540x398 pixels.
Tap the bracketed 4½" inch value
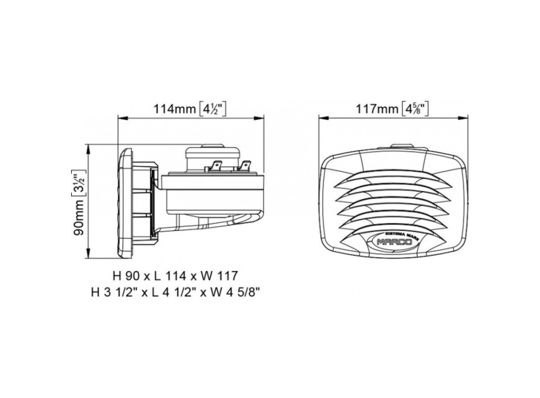tap(213, 108)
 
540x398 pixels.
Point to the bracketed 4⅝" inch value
tap(414, 108)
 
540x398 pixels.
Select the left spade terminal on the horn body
tap(216, 167)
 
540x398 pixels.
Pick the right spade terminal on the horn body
tap(244, 167)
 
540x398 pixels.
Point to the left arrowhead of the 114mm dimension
tap(121, 118)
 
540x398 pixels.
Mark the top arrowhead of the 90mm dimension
tap(90, 147)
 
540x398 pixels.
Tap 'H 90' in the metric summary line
tap(126, 276)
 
